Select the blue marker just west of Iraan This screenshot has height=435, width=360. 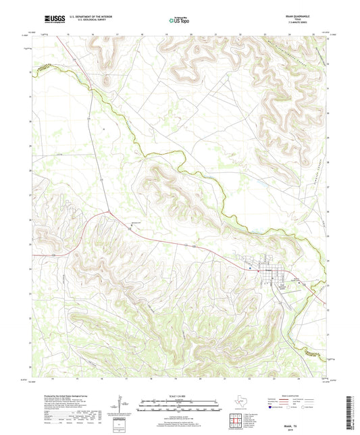(251, 268)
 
